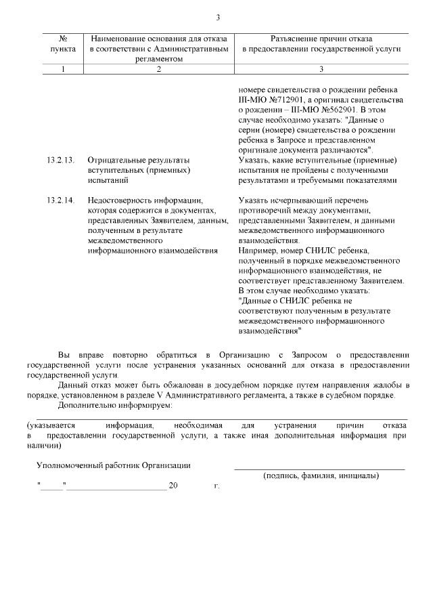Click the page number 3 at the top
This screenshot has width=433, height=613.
(x=217, y=18)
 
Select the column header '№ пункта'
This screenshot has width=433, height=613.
(x=63, y=45)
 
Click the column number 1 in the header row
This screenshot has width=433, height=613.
(x=63, y=69)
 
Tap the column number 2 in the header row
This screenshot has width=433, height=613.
(x=159, y=69)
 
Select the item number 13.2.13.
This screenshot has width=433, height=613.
(x=60, y=161)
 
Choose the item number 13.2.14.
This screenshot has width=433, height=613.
(x=60, y=200)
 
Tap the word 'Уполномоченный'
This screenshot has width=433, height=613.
(x=68, y=465)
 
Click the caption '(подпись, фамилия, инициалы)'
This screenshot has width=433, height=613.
(x=320, y=475)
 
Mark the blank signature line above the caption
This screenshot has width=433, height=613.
(x=319, y=468)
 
